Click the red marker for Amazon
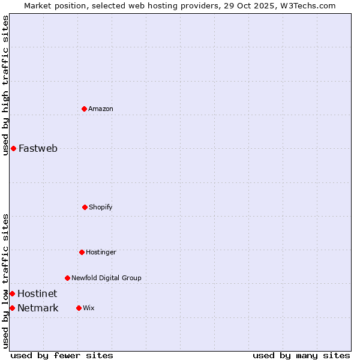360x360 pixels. (84, 109)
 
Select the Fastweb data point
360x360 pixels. (13, 148)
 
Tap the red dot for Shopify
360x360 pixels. (85, 207)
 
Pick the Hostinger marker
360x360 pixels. (82, 252)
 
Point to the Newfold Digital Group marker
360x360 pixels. (67, 278)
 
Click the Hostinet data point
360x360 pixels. (12, 293)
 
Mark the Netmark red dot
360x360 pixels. (12, 308)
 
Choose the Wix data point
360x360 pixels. (79, 308)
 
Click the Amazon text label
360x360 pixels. (101, 109)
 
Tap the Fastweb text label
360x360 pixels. (38, 148)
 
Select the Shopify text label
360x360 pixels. (101, 207)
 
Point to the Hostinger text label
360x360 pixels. (101, 252)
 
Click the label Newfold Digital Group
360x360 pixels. (106, 278)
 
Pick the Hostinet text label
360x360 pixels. (37, 293)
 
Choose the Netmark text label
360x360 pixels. (38, 308)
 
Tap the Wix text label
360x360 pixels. (88, 308)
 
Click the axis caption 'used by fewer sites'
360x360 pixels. (62, 355)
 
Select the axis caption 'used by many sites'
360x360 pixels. (301, 355)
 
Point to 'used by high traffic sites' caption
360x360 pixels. (5, 85)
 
